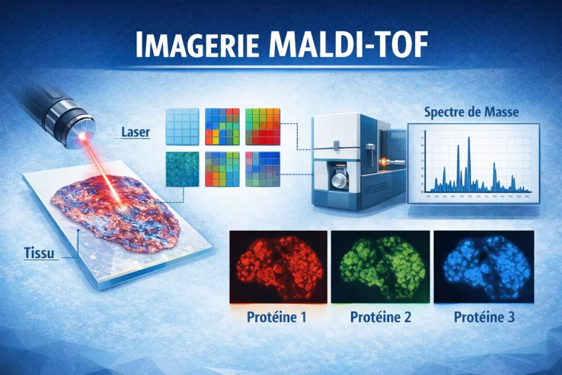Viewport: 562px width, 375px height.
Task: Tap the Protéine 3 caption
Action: [x=484, y=317]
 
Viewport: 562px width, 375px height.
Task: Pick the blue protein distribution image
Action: [x=484, y=266]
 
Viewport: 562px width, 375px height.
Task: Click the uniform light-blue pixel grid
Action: [x=182, y=125]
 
